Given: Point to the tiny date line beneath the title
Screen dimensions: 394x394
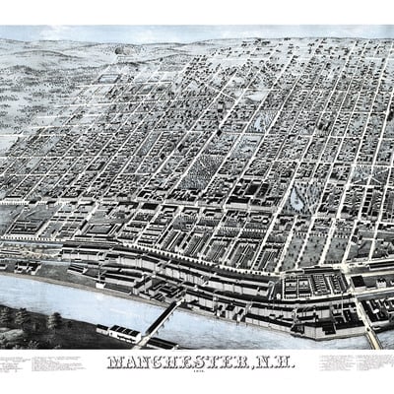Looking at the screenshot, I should click(196, 372).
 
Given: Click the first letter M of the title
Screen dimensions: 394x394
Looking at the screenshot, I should click(114, 361).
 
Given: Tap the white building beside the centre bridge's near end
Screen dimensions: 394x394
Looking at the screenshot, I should click(125, 333).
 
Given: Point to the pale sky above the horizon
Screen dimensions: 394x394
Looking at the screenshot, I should click(197, 33).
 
